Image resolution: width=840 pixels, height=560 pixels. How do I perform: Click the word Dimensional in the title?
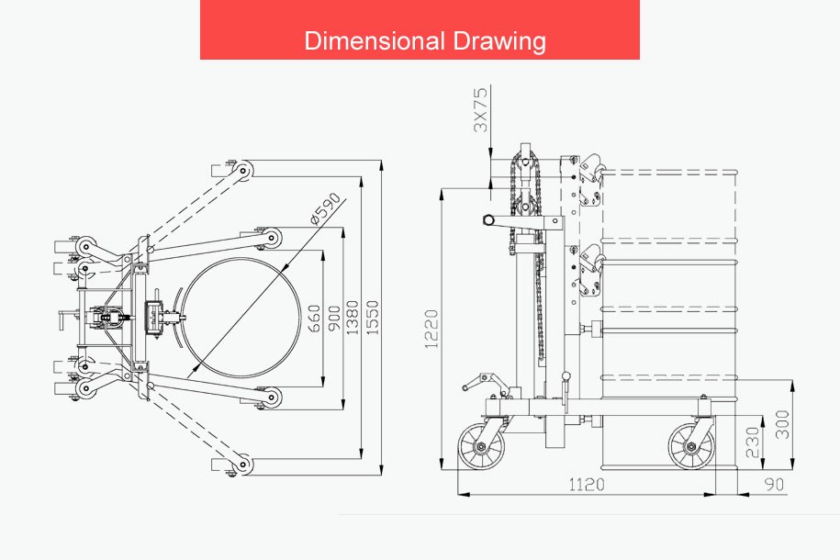click(x=375, y=40)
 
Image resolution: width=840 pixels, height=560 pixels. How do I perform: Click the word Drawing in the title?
click(x=499, y=42)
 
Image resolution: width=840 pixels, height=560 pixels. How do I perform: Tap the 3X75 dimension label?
click(x=481, y=110)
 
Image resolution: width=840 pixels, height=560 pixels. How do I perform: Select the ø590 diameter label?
click(x=325, y=208)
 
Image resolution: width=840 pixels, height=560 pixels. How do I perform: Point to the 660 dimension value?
click(x=315, y=319)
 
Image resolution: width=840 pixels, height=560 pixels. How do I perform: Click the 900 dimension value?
click(x=334, y=319)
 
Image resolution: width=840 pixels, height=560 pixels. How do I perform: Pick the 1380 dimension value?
click(x=352, y=318)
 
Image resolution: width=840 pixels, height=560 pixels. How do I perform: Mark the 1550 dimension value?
click(x=373, y=318)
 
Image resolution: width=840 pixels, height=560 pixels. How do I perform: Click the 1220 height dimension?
click(x=431, y=329)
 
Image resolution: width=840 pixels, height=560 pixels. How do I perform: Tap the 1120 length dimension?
click(x=586, y=485)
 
